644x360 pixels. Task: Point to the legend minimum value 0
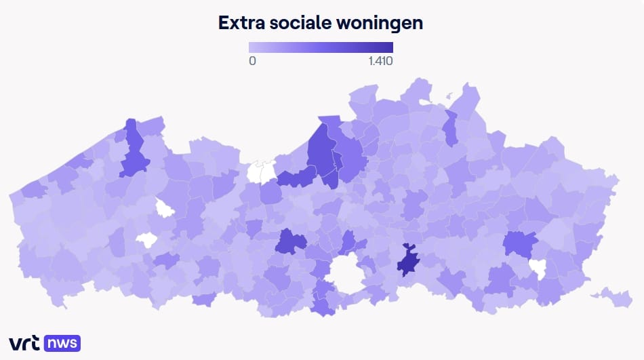click(x=252, y=61)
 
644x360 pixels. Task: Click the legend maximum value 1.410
click(x=381, y=61)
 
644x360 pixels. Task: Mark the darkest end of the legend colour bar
click(x=389, y=47)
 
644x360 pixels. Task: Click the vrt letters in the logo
click(x=24, y=343)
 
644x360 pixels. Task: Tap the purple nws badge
click(x=63, y=343)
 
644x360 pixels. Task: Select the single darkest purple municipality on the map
click(x=408, y=261)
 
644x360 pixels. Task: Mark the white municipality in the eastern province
click(x=539, y=268)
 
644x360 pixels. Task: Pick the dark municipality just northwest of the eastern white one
click(x=519, y=243)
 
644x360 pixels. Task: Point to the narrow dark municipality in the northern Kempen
click(x=450, y=127)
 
